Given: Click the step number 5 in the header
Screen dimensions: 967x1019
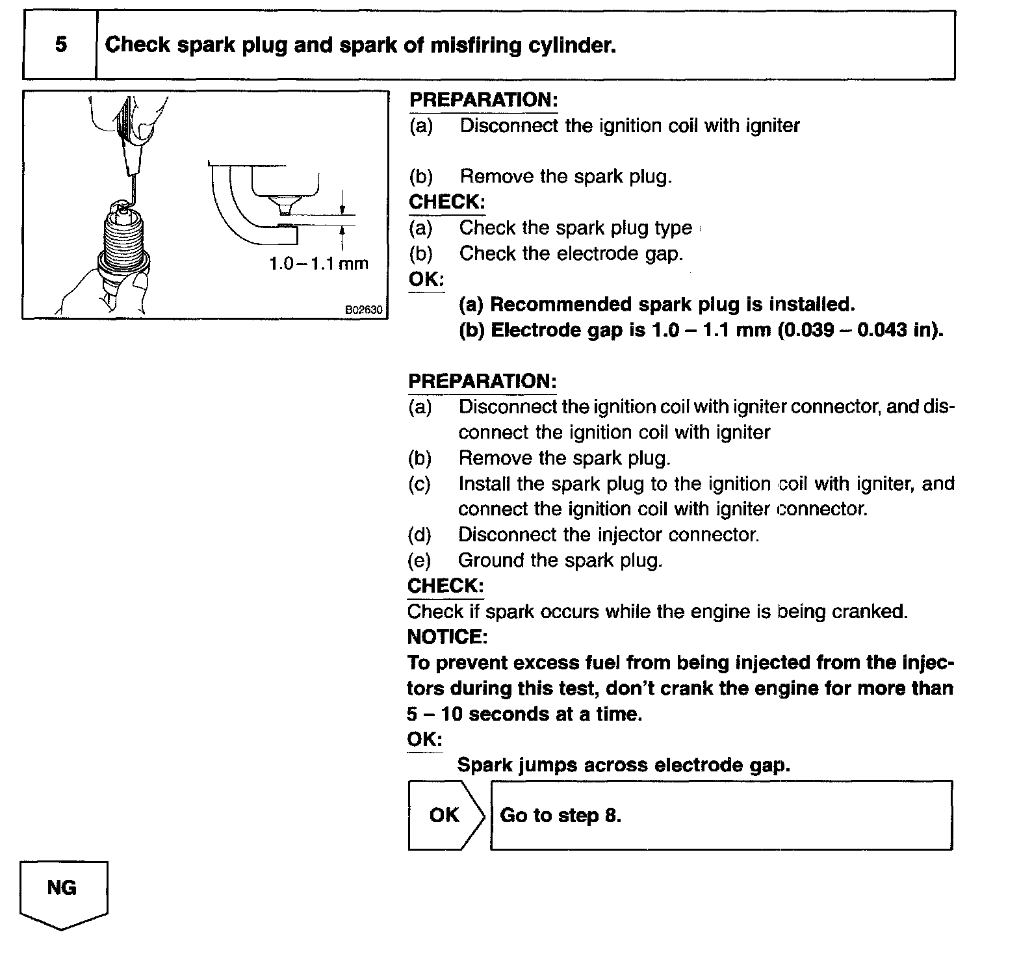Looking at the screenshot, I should pyautogui.click(x=60, y=45).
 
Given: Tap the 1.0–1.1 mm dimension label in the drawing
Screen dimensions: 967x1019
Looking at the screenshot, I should pyautogui.click(x=318, y=263).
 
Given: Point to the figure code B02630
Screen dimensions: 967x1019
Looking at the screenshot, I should pyautogui.click(x=363, y=311).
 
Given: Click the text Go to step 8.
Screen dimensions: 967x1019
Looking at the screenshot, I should pyautogui.click(x=560, y=815).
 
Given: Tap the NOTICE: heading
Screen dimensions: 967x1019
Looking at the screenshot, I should pyautogui.click(x=446, y=636).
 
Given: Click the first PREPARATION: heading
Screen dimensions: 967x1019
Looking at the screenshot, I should pyautogui.click(x=483, y=100).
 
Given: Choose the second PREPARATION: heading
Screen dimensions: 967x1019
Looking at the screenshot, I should pyautogui.click(x=482, y=381).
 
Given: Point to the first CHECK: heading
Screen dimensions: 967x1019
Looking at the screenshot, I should pyautogui.click(x=446, y=202).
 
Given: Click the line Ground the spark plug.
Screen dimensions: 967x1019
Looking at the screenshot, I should pyautogui.click(x=560, y=560).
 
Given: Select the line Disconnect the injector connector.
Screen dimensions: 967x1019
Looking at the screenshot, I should pyautogui.click(x=608, y=535).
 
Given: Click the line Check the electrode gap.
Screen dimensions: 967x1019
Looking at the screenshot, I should pyautogui.click(x=571, y=253).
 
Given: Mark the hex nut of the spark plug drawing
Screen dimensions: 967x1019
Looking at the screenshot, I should pyautogui.click(x=123, y=263).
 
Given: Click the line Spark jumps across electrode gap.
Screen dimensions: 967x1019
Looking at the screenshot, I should pyautogui.click(x=623, y=765).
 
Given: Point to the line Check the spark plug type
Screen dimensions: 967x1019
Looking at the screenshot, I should pyautogui.click(x=575, y=228).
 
